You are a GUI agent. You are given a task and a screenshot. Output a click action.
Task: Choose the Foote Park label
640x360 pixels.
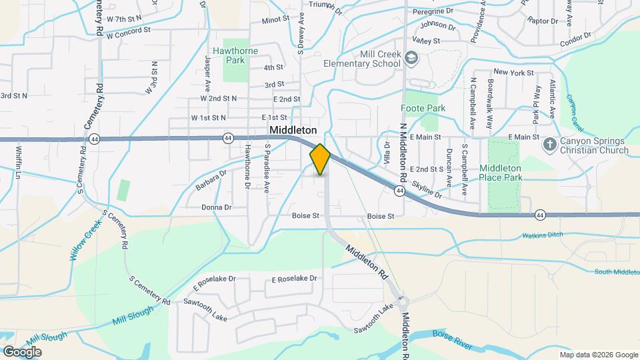[x=423, y=108]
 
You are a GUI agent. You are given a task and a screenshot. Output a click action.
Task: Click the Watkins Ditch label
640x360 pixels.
[x=543, y=235]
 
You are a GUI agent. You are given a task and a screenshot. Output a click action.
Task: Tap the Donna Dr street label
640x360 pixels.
[x=217, y=207]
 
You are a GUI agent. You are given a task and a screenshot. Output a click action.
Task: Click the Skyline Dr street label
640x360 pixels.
[x=427, y=189]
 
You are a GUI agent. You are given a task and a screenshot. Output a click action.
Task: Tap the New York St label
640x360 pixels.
[x=513, y=72]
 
